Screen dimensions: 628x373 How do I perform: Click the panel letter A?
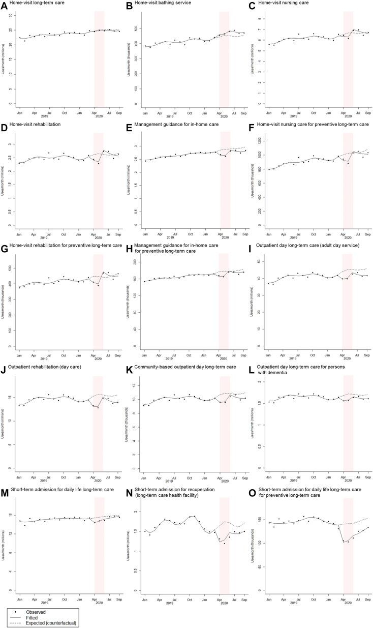[x=6, y=5]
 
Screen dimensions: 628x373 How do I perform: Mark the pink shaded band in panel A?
[x=100, y=56]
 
